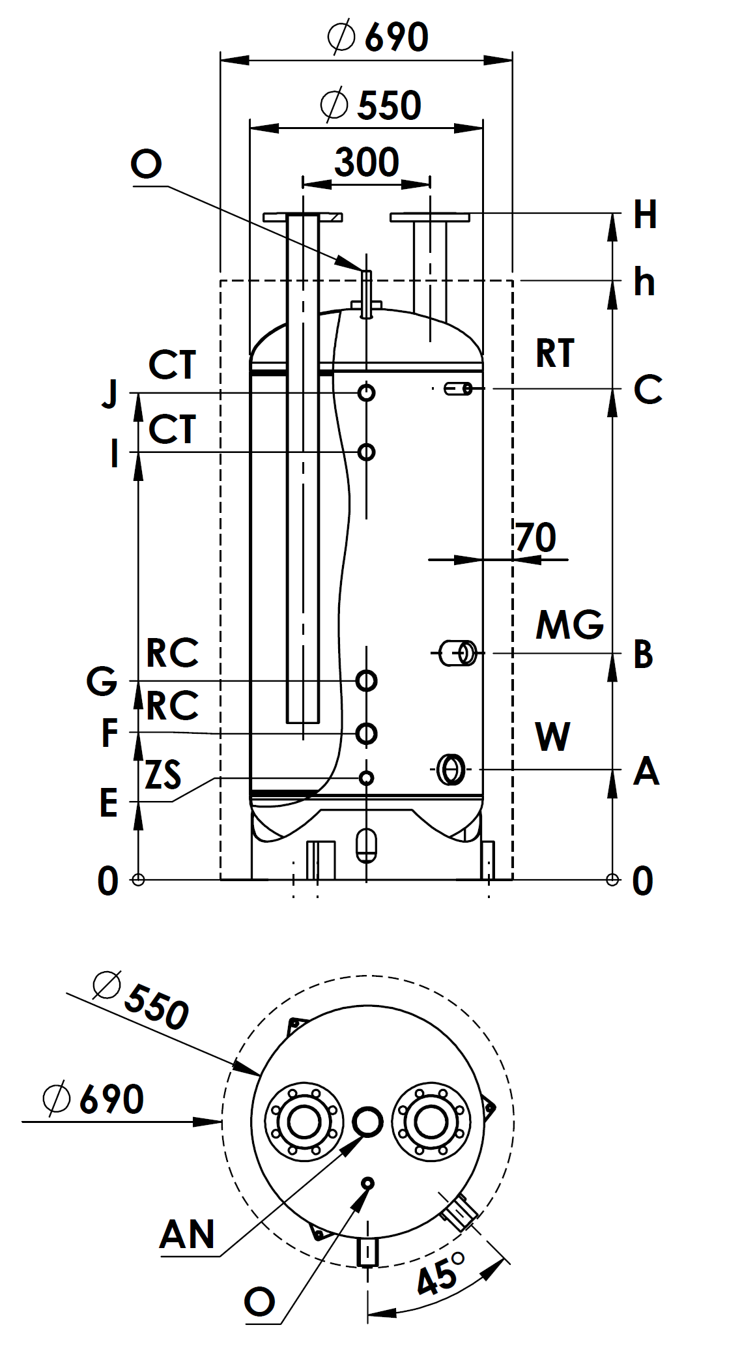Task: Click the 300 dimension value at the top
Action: tap(367, 162)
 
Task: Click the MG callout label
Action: tap(569, 625)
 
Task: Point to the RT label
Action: tap(555, 353)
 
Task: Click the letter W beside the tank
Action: tap(552, 737)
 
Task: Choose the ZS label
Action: tap(163, 774)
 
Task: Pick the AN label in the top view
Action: tap(187, 1234)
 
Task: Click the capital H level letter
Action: tap(645, 214)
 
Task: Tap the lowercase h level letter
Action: tap(644, 282)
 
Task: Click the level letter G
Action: tap(102, 681)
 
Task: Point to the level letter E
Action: tap(109, 802)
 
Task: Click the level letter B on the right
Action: tap(643, 654)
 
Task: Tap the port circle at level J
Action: tap(367, 392)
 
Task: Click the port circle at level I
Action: tap(367, 452)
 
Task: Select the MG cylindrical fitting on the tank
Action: tap(459, 652)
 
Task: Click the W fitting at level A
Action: tap(451, 769)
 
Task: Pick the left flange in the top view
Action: tap(304, 1122)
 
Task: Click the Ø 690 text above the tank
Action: tap(378, 37)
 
